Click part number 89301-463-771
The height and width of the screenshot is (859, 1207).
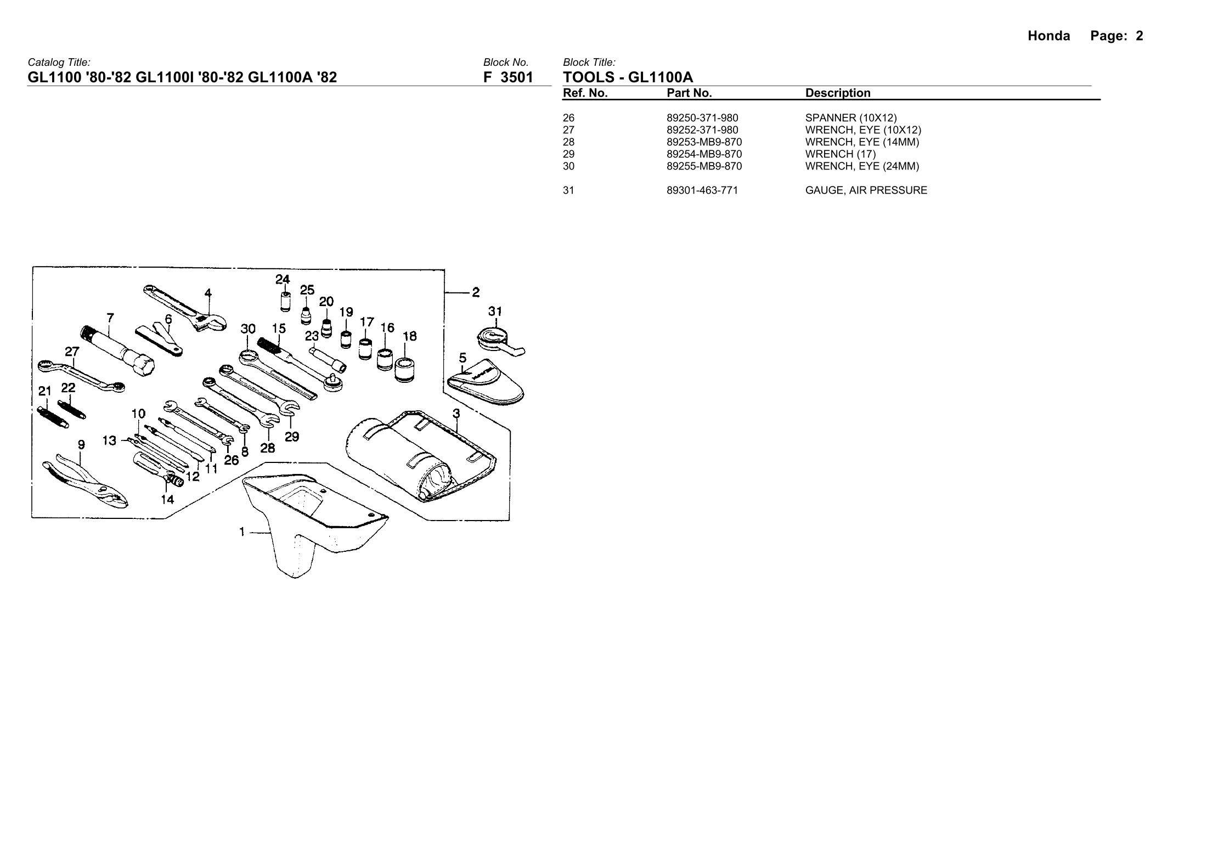[702, 190]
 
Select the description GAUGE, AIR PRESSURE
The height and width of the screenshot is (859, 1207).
[866, 190]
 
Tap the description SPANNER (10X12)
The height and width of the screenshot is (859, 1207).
[850, 118]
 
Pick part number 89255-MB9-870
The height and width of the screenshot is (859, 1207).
[704, 166]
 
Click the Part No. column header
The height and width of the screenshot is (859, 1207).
[689, 93]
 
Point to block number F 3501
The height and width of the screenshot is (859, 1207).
[507, 77]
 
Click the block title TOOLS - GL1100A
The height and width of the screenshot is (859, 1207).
[628, 77]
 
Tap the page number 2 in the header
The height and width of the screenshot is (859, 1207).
[1140, 36]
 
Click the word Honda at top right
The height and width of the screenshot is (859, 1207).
[1048, 36]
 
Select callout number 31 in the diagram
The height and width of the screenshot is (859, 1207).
[495, 312]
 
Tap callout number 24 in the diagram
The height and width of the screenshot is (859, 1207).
[283, 280]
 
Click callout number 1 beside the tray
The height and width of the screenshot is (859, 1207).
[242, 531]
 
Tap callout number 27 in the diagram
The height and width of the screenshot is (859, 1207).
[72, 351]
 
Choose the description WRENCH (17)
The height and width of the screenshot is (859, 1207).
[841, 154]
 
